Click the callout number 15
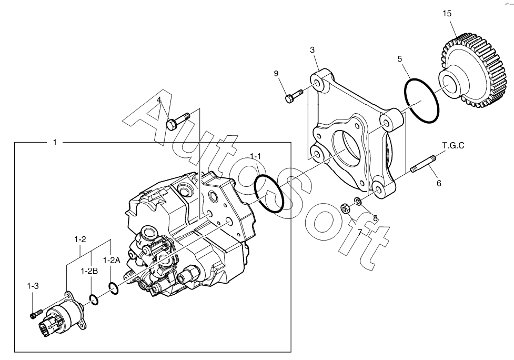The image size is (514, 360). [x=447, y=13]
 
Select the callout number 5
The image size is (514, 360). [x=400, y=59]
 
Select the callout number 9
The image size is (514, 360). [x=276, y=74]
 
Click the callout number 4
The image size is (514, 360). [x=159, y=100]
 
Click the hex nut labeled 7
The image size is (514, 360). [x=345, y=209]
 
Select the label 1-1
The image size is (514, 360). [x=256, y=156]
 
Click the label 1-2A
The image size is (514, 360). [x=112, y=260]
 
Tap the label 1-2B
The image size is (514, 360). [x=89, y=271]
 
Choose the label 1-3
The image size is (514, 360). [x=33, y=286]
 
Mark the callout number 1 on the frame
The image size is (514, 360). [x=55, y=143]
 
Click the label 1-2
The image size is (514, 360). [x=80, y=240]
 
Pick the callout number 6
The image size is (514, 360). [x=439, y=184]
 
